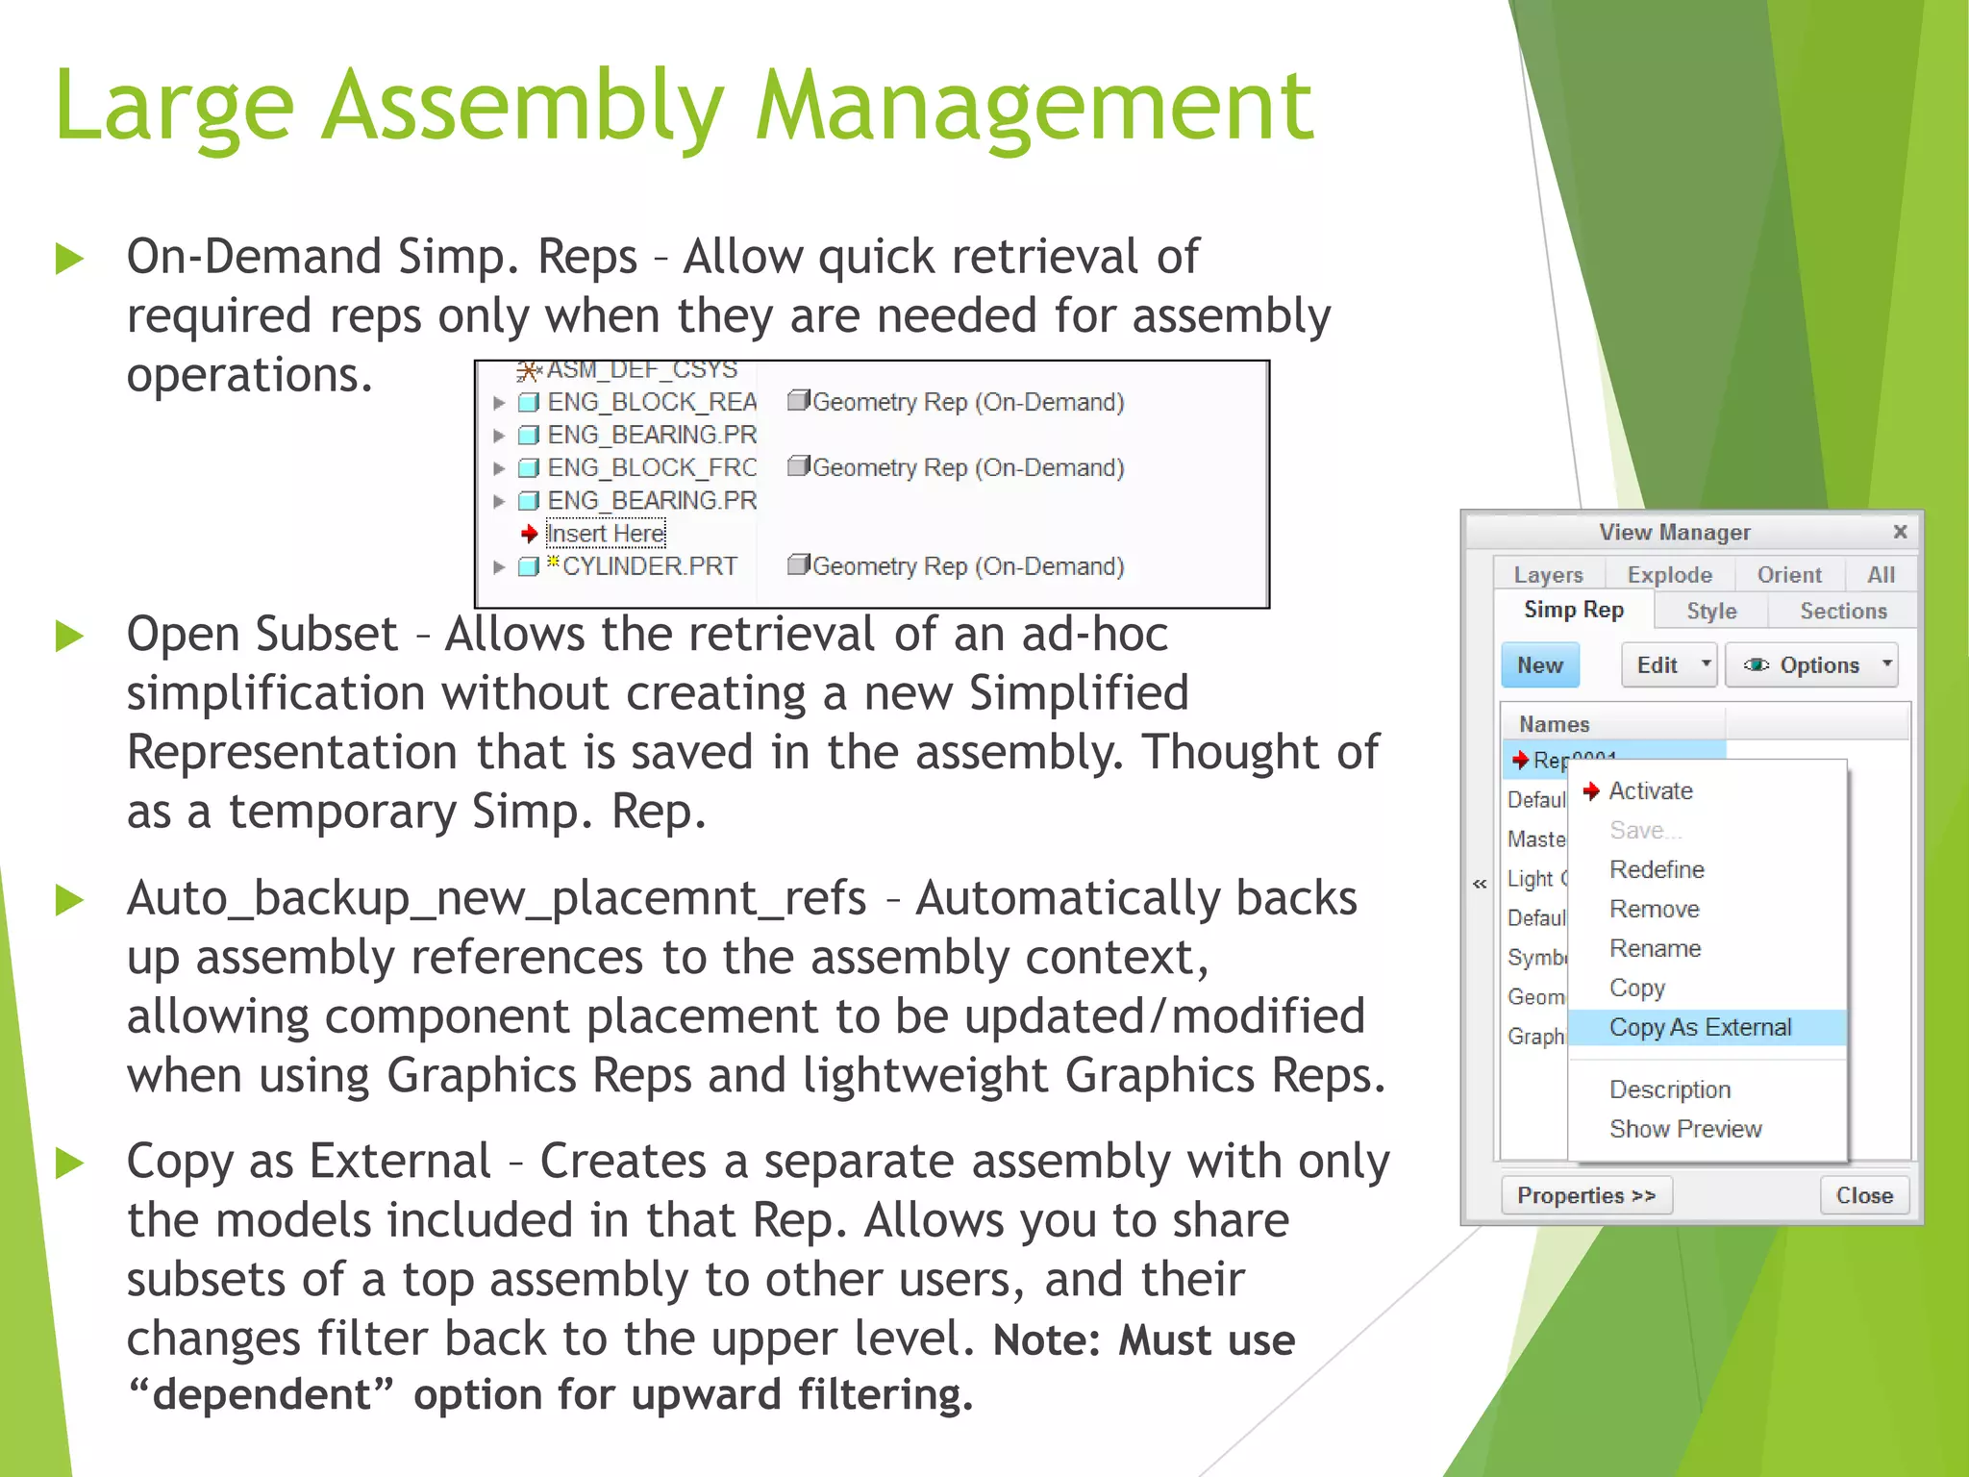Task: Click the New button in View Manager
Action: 1539,665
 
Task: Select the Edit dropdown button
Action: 1668,665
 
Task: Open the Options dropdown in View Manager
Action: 1810,665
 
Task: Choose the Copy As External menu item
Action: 1700,1027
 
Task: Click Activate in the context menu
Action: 1651,790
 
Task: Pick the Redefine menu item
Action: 1657,869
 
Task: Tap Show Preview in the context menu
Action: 1685,1129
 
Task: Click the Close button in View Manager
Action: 1863,1195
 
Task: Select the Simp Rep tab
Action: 1573,610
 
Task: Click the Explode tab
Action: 1669,575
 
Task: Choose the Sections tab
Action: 1843,612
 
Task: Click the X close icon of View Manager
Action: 1900,532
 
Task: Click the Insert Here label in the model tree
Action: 606,534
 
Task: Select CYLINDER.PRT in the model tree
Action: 649,566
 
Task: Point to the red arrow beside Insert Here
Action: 529,533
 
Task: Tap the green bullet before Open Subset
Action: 70,636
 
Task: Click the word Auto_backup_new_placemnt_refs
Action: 496,898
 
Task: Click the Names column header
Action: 1554,724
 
